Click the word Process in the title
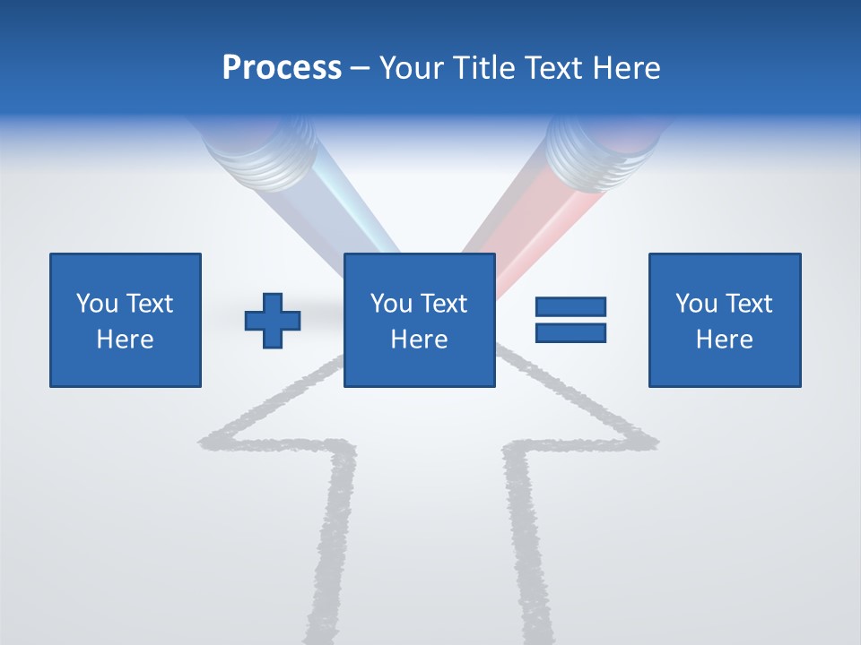click(x=282, y=68)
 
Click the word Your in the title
click(x=409, y=68)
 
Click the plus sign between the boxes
click(x=273, y=320)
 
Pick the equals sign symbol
click(x=570, y=320)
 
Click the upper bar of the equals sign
click(x=570, y=306)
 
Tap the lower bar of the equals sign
click(x=570, y=332)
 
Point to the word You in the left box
click(x=96, y=304)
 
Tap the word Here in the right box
click(x=725, y=340)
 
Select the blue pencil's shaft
click(x=354, y=219)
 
